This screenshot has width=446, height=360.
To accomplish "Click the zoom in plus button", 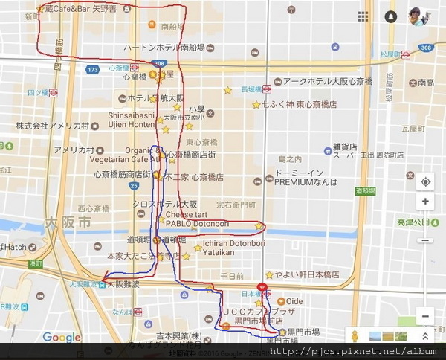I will [424, 202].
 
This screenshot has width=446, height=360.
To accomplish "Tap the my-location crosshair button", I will [424, 181].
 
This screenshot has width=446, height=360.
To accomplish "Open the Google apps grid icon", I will [363, 16].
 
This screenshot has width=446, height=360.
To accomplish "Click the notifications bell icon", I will [391, 16].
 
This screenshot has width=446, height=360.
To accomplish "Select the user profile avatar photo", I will [418, 16].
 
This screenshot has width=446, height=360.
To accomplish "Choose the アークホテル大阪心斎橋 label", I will [328, 81].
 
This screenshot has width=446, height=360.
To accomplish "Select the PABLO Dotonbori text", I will [198, 223].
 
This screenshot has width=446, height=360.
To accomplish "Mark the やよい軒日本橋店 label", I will [306, 274].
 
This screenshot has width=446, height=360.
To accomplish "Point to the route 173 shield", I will [92, 69].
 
